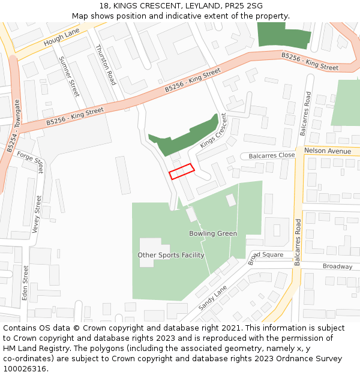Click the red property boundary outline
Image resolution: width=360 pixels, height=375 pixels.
[182, 171]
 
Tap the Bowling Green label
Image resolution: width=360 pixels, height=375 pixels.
[213, 233]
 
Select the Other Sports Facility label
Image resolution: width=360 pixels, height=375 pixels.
[171, 255]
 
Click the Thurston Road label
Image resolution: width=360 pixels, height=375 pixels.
[105, 65]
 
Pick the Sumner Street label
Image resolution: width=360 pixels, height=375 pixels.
[69, 76]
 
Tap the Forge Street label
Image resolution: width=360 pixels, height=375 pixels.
[31, 160]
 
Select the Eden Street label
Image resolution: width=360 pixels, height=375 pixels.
[25, 283]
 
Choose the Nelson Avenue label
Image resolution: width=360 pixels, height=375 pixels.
[328, 151]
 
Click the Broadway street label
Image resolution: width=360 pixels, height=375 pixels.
[338, 266]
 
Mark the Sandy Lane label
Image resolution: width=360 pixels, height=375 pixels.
[212, 298]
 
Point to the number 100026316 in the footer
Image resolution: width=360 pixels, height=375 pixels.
[26, 369]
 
